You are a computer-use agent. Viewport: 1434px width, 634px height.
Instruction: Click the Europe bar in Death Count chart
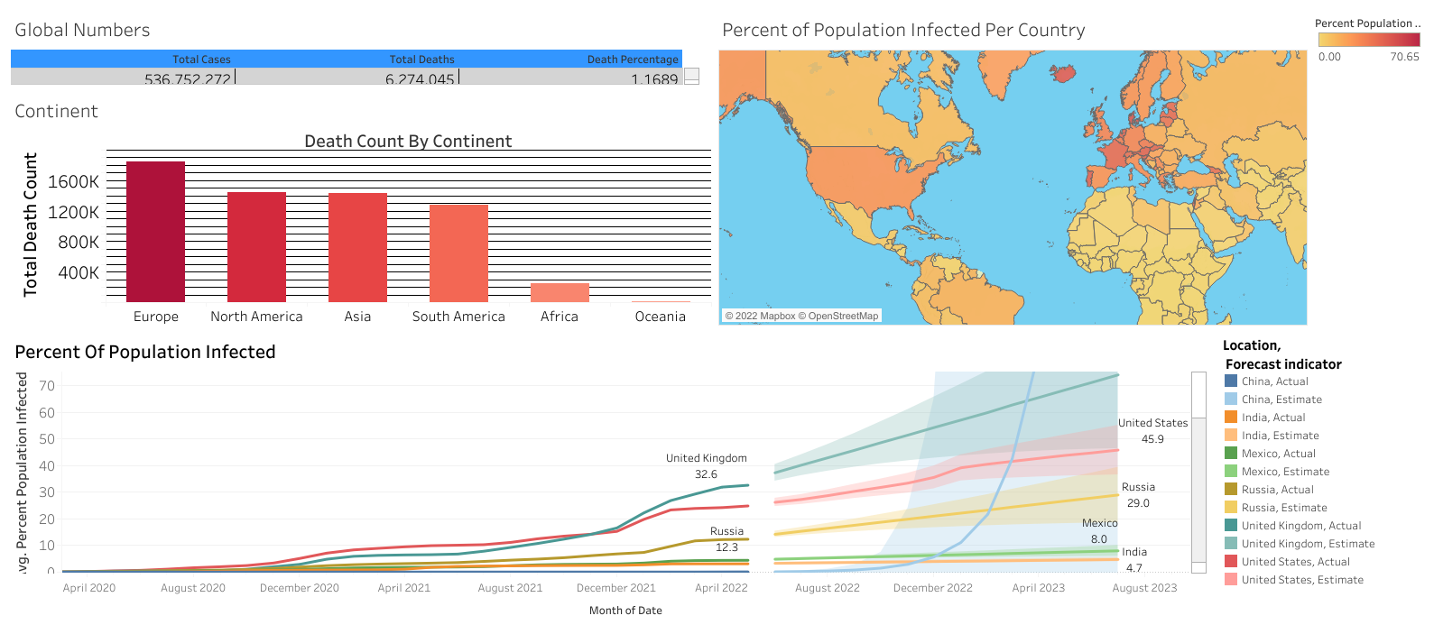pyautogui.click(x=155, y=232)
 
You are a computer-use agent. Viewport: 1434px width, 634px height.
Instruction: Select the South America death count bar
pyautogui.click(x=458, y=253)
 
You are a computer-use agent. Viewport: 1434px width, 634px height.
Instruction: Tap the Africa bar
pyautogui.click(x=560, y=292)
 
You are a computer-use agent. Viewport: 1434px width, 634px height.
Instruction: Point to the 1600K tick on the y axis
pyautogui.click(x=74, y=182)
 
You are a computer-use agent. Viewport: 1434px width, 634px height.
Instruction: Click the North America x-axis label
pyautogui.click(x=256, y=317)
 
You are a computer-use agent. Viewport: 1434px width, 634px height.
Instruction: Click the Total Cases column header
pyautogui.click(x=201, y=60)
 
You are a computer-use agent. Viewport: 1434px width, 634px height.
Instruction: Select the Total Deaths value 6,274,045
pyautogui.click(x=420, y=79)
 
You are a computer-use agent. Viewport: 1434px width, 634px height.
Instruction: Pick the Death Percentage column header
pyautogui.click(x=632, y=60)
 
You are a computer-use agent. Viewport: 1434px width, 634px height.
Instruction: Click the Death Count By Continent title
pyautogui.click(x=408, y=142)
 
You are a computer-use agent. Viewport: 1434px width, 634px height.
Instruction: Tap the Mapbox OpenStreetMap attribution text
pyautogui.click(x=801, y=316)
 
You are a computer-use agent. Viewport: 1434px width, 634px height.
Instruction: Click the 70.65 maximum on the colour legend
pyautogui.click(x=1404, y=57)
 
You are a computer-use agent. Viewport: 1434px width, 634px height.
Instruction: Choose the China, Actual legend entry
pyautogui.click(x=1274, y=381)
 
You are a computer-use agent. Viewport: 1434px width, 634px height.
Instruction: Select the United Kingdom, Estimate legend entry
pyautogui.click(x=1308, y=544)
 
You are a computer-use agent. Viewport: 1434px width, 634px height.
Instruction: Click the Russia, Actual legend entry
pyautogui.click(x=1277, y=490)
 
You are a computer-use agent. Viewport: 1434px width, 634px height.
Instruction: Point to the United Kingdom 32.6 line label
pyautogui.click(x=707, y=466)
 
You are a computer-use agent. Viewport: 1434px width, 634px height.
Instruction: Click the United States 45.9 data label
pyautogui.click(x=1152, y=431)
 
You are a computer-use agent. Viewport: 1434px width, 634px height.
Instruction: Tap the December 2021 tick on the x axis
pyautogui.click(x=616, y=588)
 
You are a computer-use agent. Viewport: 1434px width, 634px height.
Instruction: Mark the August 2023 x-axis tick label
pyautogui.click(x=1144, y=588)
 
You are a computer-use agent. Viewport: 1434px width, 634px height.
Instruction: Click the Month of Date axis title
pyautogui.click(x=625, y=611)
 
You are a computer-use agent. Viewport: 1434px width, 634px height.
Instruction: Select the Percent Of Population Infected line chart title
pyautogui.click(x=145, y=352)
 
